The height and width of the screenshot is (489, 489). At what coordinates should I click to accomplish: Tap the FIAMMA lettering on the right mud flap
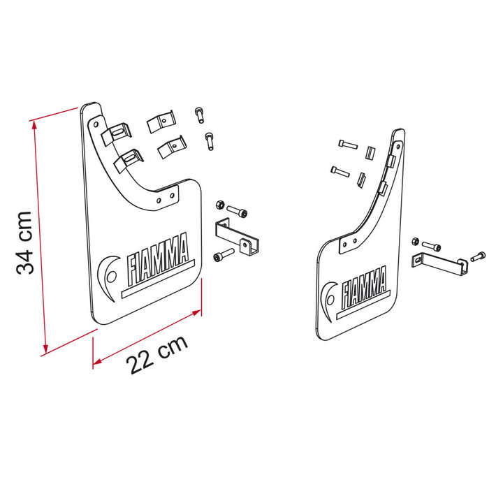click(364, 285)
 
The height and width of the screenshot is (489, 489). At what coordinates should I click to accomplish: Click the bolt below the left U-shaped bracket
click(222, 256)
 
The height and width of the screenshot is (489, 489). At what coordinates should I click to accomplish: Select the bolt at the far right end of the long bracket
click(478, 256)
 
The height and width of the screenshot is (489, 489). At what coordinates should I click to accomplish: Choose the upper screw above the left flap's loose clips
click(198, 114)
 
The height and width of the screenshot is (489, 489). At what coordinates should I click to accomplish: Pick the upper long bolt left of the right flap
click(347, 144)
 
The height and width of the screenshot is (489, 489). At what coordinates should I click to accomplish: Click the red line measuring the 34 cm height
click(38, 238)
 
